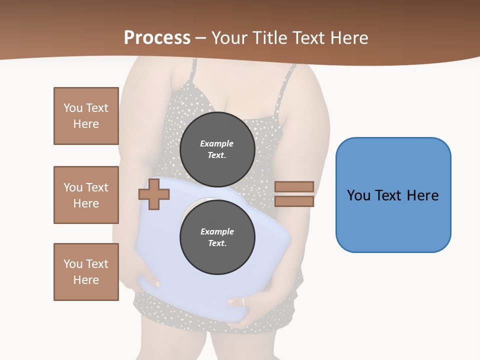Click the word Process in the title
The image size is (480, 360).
pyautogui.click(x=157, y=38)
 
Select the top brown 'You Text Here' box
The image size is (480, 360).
pyautogui.click(x=86, y=116)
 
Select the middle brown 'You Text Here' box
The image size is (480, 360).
pyautogui.click(x=86, y=195)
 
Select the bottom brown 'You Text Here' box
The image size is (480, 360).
pyautogui.click(x=86, y=272)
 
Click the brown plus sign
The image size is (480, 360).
pyautogui.click(x=154, y=193)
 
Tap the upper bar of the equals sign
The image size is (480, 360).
pyautogui.click(x=294, y=186)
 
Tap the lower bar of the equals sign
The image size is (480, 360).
pyautogui.click(x=294, y=201)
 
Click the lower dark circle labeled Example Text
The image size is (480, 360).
pyautogui.click(x=217, y=237)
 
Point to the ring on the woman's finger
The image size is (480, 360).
pyautogui.click(x=243, y=301)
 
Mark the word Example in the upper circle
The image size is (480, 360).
pyautogui.click(x=217, y=143)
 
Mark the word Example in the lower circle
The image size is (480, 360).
pyautogui.click(x=217, y=231)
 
